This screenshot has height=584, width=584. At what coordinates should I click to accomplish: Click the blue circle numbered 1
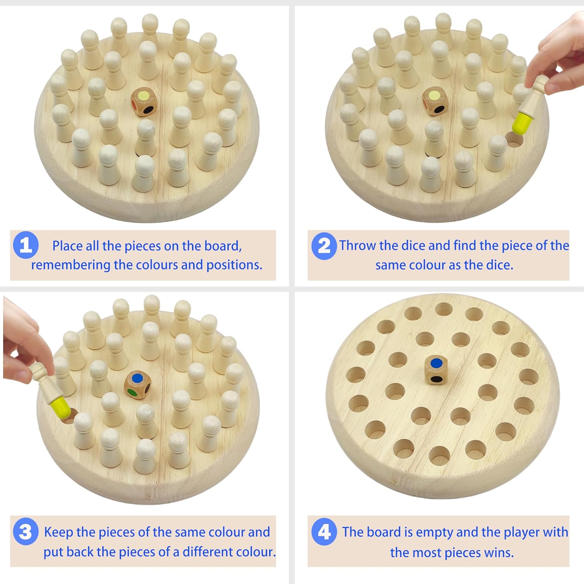26,245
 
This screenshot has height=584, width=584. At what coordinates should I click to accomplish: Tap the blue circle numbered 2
324,246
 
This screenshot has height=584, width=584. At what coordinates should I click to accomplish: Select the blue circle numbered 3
26,531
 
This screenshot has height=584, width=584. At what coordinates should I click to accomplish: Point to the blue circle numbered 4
324,532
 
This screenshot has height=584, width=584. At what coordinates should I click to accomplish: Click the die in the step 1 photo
144,102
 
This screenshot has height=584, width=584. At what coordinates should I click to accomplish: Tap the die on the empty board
436,370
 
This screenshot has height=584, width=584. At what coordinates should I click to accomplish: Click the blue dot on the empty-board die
437,363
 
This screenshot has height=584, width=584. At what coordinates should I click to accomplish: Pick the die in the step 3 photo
137,385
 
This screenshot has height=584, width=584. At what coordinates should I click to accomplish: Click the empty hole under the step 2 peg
514,140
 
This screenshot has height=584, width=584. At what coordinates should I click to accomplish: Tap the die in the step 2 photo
435,101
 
